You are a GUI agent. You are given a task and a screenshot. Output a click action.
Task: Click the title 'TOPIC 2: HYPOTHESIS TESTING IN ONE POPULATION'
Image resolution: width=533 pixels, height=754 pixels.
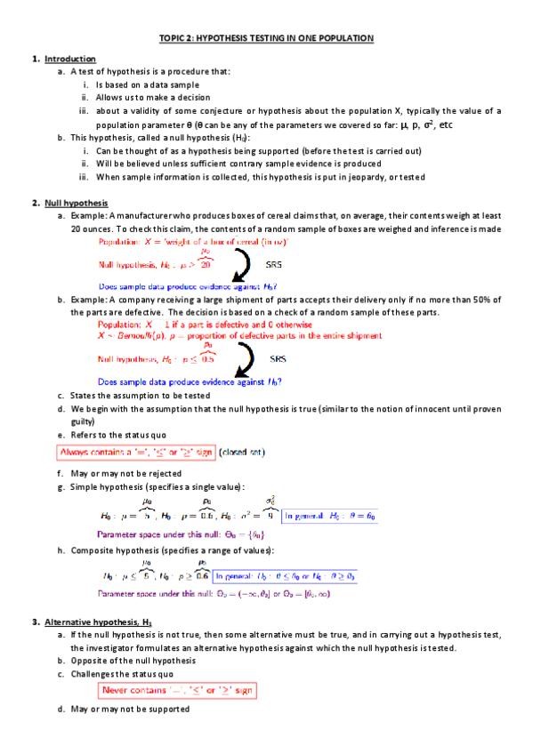pos(266,37)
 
